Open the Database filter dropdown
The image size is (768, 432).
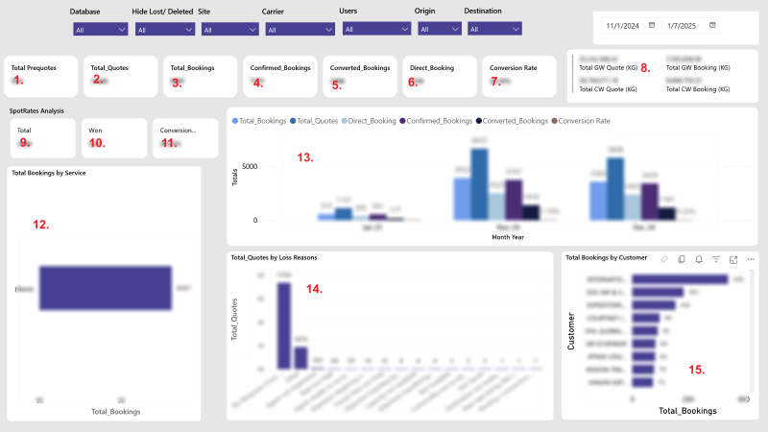[x=100, y=30]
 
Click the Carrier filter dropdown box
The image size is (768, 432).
[x=299, y=30]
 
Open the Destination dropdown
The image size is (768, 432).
[x=495, y=29]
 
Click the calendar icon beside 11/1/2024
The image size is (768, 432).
[x=652, y=24]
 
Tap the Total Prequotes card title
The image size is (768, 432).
[x=33, y=68]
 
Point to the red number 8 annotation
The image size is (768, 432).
[x=646, y=68]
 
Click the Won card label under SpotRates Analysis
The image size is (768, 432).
[x=95, y=130]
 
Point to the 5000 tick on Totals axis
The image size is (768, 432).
[x=248, y=165]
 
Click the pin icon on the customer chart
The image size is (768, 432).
[x=665, y=259]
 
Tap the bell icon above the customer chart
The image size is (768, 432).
[x=699, y=259]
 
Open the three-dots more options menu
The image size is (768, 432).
[x=751, y=259]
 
